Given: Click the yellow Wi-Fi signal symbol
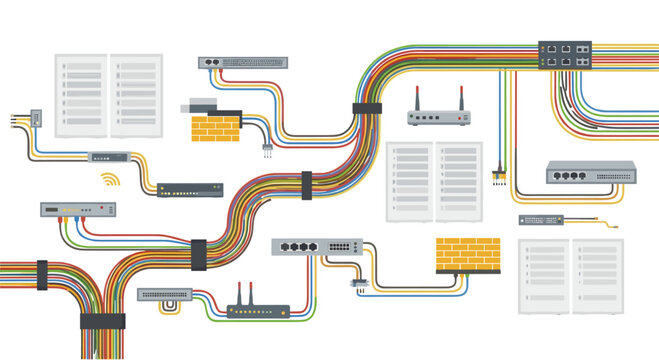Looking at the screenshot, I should (109, 181).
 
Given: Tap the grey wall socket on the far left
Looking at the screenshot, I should (35, 117).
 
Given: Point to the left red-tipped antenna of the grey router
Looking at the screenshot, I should (417, 99).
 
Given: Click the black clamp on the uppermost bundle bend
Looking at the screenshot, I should (367, 108).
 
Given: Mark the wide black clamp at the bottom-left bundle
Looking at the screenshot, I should (103, 321).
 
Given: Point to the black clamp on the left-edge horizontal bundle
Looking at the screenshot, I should (42, 275).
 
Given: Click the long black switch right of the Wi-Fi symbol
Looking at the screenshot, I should (190, 188).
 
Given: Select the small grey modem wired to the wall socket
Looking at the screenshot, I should (105, 157).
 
